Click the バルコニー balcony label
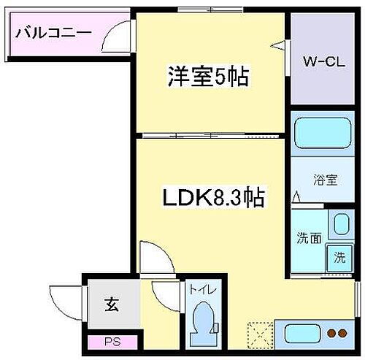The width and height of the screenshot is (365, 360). coord(52,33)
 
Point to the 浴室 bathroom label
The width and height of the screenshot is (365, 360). coord(326,180)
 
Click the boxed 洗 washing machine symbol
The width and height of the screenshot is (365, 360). coord(339,257)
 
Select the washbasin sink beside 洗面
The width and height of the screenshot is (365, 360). coord(339,225)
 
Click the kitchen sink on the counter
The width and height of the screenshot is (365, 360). coord(299,332)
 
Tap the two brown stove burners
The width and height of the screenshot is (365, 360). coord(337,333)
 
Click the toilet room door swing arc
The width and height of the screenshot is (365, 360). coord(166,293)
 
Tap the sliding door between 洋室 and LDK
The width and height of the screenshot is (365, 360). coord(208,135)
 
